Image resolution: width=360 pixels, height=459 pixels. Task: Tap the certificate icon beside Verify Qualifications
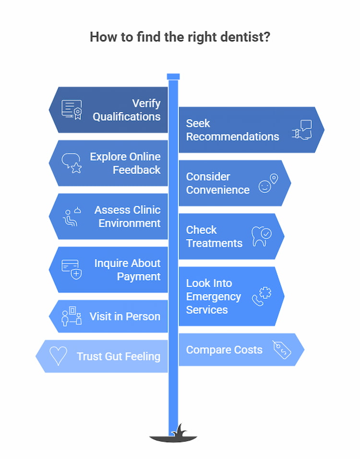(72, 109)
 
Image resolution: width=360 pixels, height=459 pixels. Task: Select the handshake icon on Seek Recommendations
(302, 130)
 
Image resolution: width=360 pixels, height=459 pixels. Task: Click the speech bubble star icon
(72, 163)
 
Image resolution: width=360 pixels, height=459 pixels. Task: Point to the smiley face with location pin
(268, 183)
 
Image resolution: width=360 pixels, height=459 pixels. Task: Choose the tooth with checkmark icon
(261, 236)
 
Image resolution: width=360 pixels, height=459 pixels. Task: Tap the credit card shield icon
(72, 270)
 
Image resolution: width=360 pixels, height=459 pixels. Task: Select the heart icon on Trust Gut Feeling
(58, 356)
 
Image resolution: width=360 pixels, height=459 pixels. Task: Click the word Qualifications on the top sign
(127, 117)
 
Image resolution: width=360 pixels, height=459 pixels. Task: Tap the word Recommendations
(232, 137)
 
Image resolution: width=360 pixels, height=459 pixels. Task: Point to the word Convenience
(217, 190)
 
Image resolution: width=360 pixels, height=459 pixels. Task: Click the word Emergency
(214, 296)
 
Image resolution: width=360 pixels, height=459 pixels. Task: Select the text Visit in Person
(125, 317)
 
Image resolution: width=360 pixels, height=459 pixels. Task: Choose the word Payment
(139, 277)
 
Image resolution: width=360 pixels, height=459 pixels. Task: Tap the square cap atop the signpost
(173, 77)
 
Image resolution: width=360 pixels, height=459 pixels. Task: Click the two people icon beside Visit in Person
(72, 317)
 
